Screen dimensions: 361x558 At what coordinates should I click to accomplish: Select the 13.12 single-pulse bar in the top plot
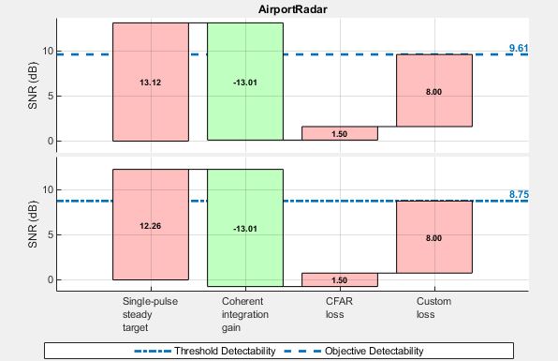click(x=151, y=82)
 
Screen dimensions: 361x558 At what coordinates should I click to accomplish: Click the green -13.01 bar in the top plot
click(x=245, y=82)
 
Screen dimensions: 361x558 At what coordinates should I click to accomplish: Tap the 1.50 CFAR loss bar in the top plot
click(x=340, y=133)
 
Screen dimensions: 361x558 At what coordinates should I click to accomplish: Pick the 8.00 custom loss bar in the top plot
click(x=434, y=90)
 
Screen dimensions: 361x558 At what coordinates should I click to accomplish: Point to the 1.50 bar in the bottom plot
click(x=340, y=279)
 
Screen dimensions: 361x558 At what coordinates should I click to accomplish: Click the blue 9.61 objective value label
click(x=519, y=48)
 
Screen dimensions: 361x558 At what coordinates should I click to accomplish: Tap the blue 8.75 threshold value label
click(x=519, y=194)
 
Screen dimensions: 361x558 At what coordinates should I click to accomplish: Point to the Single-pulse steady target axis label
click(x=150, y=315)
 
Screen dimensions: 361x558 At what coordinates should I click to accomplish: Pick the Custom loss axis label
click(x=433, y=308)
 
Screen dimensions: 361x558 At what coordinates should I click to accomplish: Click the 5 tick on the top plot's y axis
click(x=50, y=97)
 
